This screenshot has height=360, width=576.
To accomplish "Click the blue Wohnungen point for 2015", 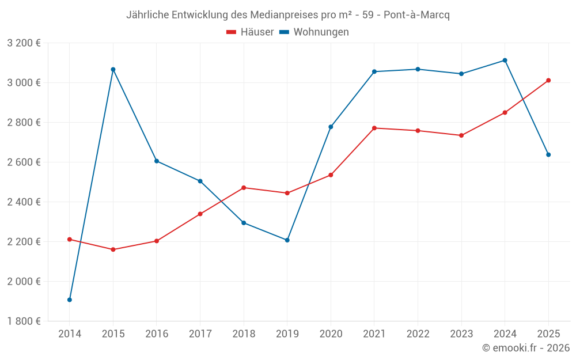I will click(x=113, y=69).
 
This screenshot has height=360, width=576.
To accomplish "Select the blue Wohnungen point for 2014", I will click(x=70, y=300).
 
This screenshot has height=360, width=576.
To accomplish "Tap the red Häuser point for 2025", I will click(x=548, y=80).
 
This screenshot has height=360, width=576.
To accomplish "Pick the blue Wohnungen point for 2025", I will click(x=548, y=154).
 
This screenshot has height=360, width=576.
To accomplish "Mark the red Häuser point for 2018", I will click(x=244, y=188).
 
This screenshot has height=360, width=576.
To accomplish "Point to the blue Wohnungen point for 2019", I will click(x=287, y=240).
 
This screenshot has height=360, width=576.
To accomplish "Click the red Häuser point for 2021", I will click(x=374, y=128).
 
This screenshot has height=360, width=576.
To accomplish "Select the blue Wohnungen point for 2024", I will click(x=505, y=60).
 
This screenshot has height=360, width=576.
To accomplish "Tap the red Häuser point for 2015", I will click(x=113, y=249).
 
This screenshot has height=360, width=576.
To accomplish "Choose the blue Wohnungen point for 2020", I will click(x=331, y=127).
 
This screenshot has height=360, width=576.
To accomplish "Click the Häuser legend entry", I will click(x=251, y=32).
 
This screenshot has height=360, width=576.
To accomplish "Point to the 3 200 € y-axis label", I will click(x=24, y=43).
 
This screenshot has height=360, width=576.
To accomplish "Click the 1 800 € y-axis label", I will click(x=24, y=321).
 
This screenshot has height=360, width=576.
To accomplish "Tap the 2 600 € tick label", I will click(x=24, y=162).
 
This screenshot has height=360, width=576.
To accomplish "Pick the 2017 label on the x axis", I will click(x=200, y=334).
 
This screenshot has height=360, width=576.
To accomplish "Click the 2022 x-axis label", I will click(x=418, y=334).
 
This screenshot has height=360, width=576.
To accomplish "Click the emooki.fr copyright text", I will click(x=525, y=347).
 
